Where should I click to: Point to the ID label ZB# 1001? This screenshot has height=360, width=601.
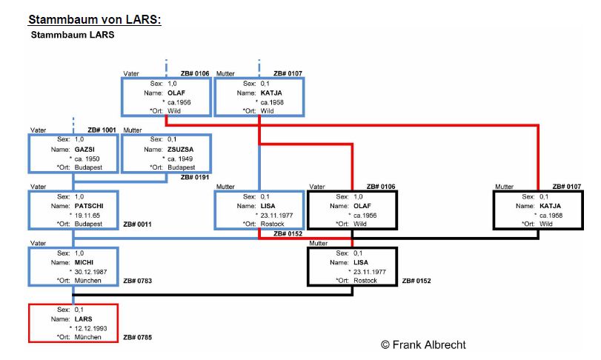point(102,130)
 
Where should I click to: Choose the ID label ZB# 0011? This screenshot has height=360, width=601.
point(137,223)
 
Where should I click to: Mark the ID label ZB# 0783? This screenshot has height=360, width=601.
point(137,281)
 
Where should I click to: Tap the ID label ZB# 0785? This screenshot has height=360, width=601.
point(137,338)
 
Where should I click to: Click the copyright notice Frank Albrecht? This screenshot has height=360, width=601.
point(423,344)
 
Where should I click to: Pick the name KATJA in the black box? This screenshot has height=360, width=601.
point(550,205)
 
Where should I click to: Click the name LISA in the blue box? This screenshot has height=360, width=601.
point(269,205)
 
